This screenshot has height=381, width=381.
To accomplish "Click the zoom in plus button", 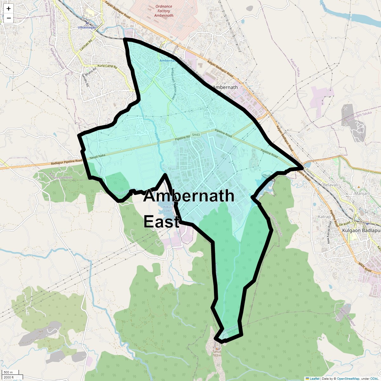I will point(9,9).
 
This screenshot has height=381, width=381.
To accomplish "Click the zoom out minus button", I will point(9,18).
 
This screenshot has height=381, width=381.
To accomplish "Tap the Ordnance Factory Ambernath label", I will point(164,11).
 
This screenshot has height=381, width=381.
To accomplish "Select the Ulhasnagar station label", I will point(87,28).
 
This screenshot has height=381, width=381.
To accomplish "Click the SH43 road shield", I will point(196,135).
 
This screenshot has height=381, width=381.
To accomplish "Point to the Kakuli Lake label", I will point(167,209).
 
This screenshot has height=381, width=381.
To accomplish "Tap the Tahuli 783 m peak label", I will point(217,353).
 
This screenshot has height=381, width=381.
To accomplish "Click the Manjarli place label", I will point(362,193).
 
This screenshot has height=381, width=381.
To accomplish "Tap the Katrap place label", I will point(324,217).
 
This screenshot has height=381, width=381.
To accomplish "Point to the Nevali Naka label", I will point(97,156).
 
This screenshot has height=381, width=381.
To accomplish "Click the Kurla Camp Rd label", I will point(107,67).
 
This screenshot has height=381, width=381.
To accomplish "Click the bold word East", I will point(162,221).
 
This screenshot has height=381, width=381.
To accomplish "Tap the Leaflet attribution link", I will point(314,378).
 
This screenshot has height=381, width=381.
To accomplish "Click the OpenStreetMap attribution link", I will point(348,378).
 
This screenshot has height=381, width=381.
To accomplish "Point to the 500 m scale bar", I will point(9,372).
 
